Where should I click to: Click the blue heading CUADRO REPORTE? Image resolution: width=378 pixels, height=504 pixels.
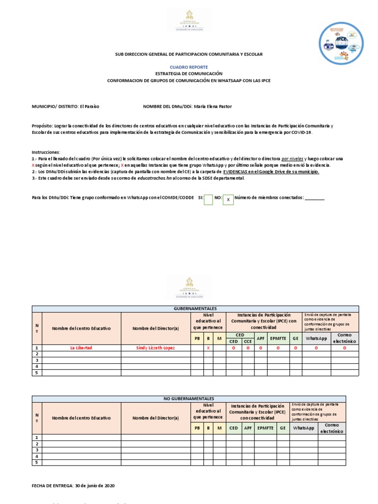[189, 67]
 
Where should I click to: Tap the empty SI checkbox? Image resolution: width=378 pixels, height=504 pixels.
[208, 199]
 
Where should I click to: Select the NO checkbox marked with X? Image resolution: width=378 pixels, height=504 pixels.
[228, 200]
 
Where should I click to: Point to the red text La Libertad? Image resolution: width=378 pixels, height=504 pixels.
[81, 348]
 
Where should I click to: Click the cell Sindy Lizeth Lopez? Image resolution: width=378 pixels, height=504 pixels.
[156, 348]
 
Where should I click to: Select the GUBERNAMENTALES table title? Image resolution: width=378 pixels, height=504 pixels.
[195, 309]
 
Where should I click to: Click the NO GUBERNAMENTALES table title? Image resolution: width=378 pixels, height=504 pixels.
[189, 398]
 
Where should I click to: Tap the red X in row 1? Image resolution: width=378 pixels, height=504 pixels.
[208, 348]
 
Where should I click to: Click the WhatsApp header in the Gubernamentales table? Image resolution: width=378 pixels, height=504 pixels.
[316, 338]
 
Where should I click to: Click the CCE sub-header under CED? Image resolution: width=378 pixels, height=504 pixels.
[248, 341]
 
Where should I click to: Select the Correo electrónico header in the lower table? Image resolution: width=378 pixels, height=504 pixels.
[332, 428]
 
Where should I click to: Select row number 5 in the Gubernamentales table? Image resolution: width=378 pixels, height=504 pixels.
[36, 373]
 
